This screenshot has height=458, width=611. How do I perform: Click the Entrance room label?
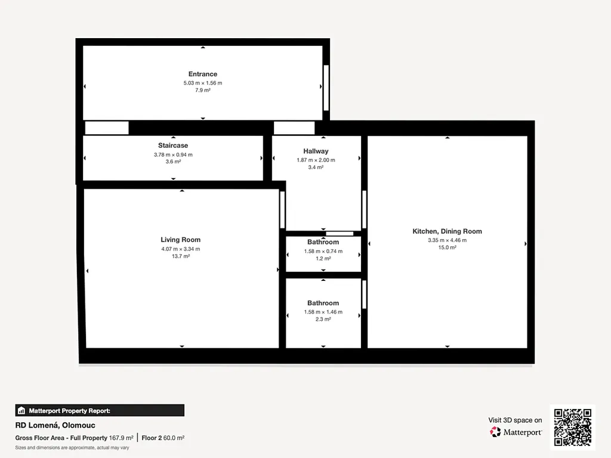pyautogui.click(x=203, y=74)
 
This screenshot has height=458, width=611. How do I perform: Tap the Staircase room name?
pyautogui.click(x=173, y=146)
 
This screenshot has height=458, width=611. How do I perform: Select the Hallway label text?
pyautogui.click(x=316, y=151)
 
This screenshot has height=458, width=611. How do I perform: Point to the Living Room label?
pyautogui.click(x=180, y=240)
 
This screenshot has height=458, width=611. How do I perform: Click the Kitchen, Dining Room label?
pyautogui.click(x=447, y=231)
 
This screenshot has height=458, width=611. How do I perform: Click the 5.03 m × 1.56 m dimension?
pyautogui.click(x=203, y=83)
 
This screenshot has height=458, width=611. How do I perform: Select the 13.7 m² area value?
pyautogui.click(x=180, y=256)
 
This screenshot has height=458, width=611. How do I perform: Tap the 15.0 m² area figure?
pyautogui.click(x=447, y=247)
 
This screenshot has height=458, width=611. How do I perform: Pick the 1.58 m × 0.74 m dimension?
pyautogui.click(x=323, y=251)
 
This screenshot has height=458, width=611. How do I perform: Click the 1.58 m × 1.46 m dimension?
pyautogui.click(x=323, y=312)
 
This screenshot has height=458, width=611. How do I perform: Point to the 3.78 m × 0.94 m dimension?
pyautogui.click(x=173, y=154)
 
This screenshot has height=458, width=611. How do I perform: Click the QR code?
pyautogui.click(x=572, y=427)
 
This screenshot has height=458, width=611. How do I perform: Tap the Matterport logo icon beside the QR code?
pyautogui.click(x=495, y=432)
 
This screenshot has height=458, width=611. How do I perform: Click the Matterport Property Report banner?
pyautogui.click(x=100, y=410)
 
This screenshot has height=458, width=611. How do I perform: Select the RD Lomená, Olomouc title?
pyautogui.click(x=55, y=425)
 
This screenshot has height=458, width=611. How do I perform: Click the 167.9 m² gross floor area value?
pyautogui.click(x=121, y=438)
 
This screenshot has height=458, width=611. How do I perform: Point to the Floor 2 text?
pyautogui.click(x=151, y=438)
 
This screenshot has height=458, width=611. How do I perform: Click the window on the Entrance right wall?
pyautogui.click(x=326, y=88)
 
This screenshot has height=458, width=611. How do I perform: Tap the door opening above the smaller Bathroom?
pyautogui.click(x=340, y=234)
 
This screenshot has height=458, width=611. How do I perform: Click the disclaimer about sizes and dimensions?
pyautogui.click(x=72, y=448)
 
